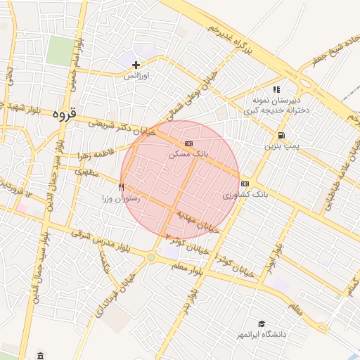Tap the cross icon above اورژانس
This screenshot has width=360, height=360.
tap(136, 65)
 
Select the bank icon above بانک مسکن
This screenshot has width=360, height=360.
tap(188, 143)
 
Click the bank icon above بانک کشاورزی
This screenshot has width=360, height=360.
tap(244, 184)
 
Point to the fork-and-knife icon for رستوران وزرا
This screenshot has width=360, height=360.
tap(122, 188)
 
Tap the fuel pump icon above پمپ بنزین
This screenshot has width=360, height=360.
tap(281, 135)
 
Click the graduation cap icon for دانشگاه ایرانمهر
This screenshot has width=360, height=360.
tap(262, 323)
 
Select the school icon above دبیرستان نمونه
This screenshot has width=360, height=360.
tap(276, 89)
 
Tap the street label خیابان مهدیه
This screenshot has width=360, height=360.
tap(198, 220)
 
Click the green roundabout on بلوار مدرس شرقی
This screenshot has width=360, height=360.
tap(150, 257)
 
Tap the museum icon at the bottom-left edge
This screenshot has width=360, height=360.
tap(40, 355)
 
